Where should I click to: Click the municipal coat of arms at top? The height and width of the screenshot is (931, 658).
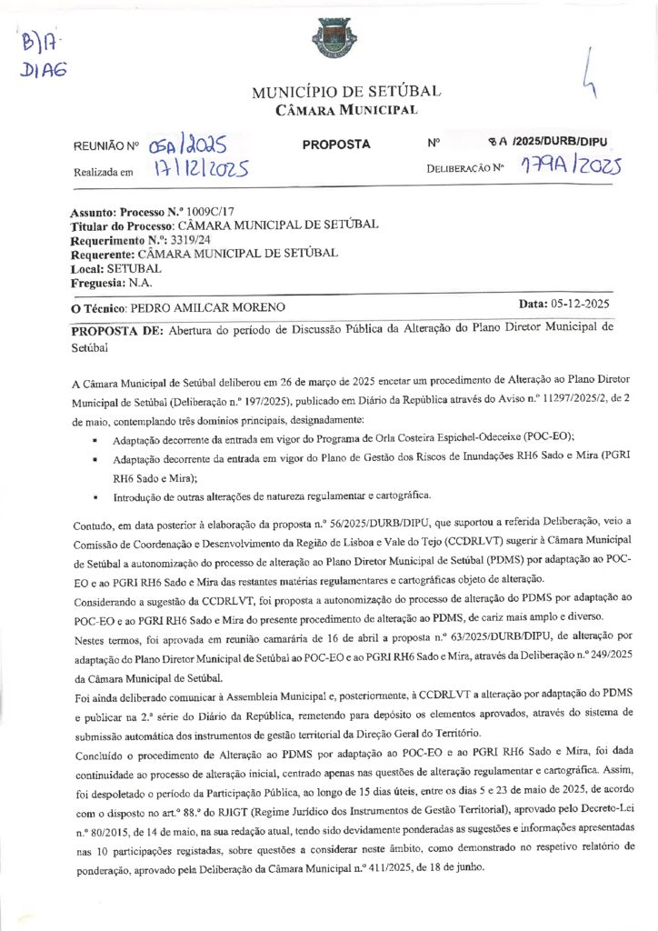click(x=328, y=38)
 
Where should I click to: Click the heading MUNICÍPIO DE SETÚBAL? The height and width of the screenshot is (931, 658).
click(x=345, y=93)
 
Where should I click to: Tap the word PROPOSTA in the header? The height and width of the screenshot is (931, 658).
click(x=335, y=145)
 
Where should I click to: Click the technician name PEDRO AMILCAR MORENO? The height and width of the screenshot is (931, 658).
click(x=208, y=307)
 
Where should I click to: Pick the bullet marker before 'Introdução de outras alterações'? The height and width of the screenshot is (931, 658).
click(x=95, y=498)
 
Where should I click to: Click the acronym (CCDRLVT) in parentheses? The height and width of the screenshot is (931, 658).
click(x=451, y=540)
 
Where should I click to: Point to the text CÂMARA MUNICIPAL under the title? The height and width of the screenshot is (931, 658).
click(x=346, y=111)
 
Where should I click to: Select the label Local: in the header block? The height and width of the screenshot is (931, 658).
click(x=87, y=268)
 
